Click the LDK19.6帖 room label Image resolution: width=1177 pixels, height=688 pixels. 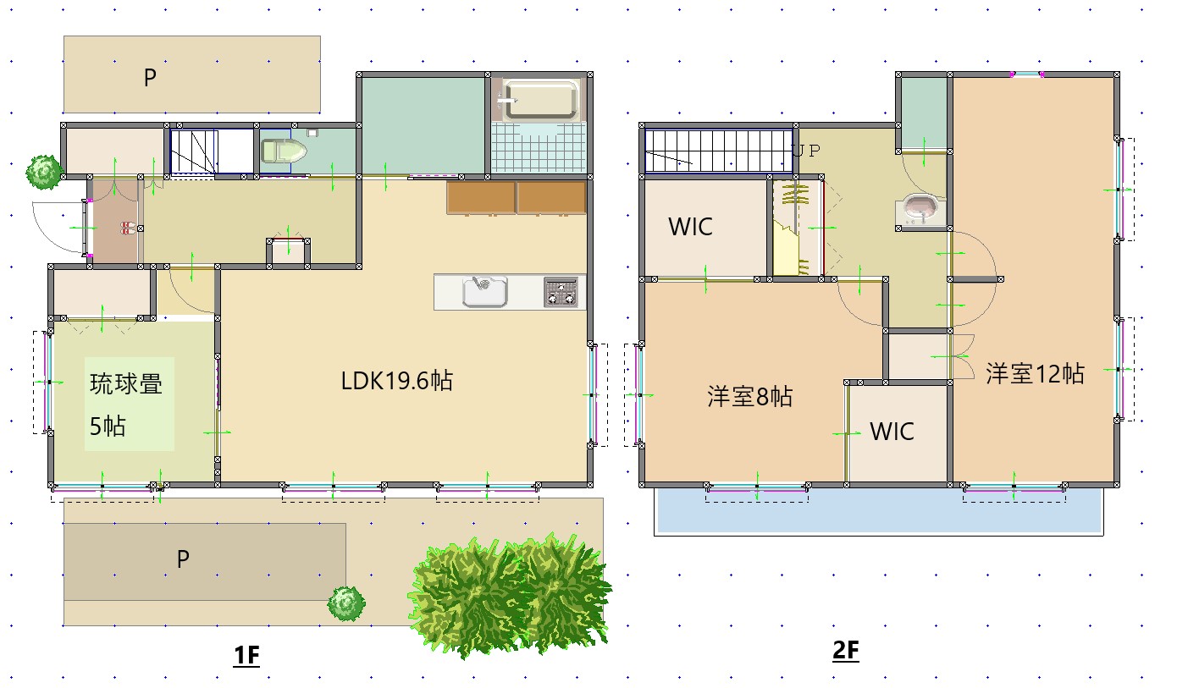pyautogui.click(x=396, y=381)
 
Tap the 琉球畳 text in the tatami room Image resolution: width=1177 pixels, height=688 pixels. pyautogui.click(x=126, y=384)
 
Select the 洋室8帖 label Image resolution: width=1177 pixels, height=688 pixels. pyautogui.click(x=749, y=396)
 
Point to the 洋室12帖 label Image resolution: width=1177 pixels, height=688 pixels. pyautogui.click(x=1035, y=373)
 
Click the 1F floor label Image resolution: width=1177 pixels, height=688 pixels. pyautogui.click(x=246, y=655)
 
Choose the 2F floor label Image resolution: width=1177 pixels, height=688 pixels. pyautogui.click(x=846, y=651)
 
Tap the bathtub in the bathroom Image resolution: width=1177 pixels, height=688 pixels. pyautogui.click(x=539, y=101)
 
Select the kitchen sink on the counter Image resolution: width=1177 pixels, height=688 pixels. pyautogui.click(x=484, y=292)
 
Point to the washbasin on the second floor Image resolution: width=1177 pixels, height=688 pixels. pyautogui.click(x=920, y=208)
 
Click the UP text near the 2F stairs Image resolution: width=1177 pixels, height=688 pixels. pyautogui.click(x=806, y=151)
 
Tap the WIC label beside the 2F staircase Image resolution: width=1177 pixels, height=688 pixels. pyautogui.click(x=690, y=227)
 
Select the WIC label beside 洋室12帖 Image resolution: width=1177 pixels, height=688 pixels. pyautogui.click(x=892, y=432)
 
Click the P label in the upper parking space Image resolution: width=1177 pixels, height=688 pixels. pyautogui.click(x=150, y=78)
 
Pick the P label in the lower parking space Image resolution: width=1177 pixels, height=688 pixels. pyautogui.click(x=182, y=559)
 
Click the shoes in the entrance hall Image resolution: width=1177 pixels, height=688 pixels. pyautogui.click(x=127, y=228)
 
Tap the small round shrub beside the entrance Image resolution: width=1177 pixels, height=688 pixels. pyautogui.click(x=43, y=172)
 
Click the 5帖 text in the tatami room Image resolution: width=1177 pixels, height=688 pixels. pyautogui.click(x=108, y=426)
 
